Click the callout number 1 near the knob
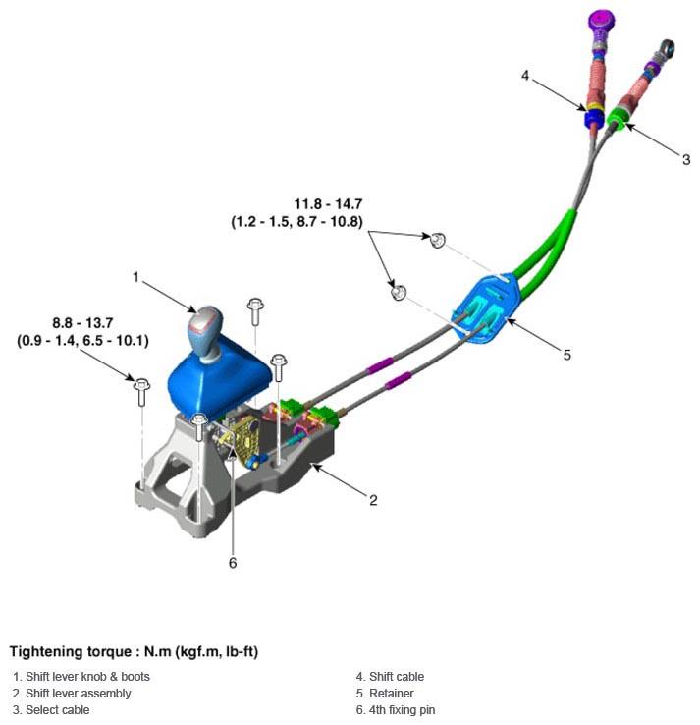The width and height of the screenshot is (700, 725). tap(136, 278)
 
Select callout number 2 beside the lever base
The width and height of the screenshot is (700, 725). tap(373, 500)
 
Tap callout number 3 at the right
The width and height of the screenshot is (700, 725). tap(685, 159)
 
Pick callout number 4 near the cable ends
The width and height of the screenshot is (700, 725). tap(526, 76)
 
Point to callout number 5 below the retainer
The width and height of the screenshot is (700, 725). tap(566, 355)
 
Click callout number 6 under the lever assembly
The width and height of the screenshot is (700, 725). tap(233, 563)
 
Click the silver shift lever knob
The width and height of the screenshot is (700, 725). tap(205, 323)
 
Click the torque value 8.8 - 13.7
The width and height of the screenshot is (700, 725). tap(83, 322)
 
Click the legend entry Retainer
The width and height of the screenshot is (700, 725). tap(391, 693)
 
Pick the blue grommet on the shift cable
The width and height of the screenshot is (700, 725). tap(592, 119)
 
